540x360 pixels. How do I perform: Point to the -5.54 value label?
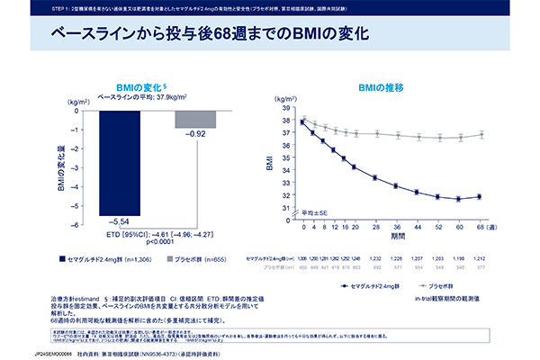pyautogui.click(x=119, y=220)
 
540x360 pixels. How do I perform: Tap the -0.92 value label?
pyautogui.click(x=195, y=134)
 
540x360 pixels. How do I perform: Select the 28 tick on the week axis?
pyautogui.click(x=374, y=228)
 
